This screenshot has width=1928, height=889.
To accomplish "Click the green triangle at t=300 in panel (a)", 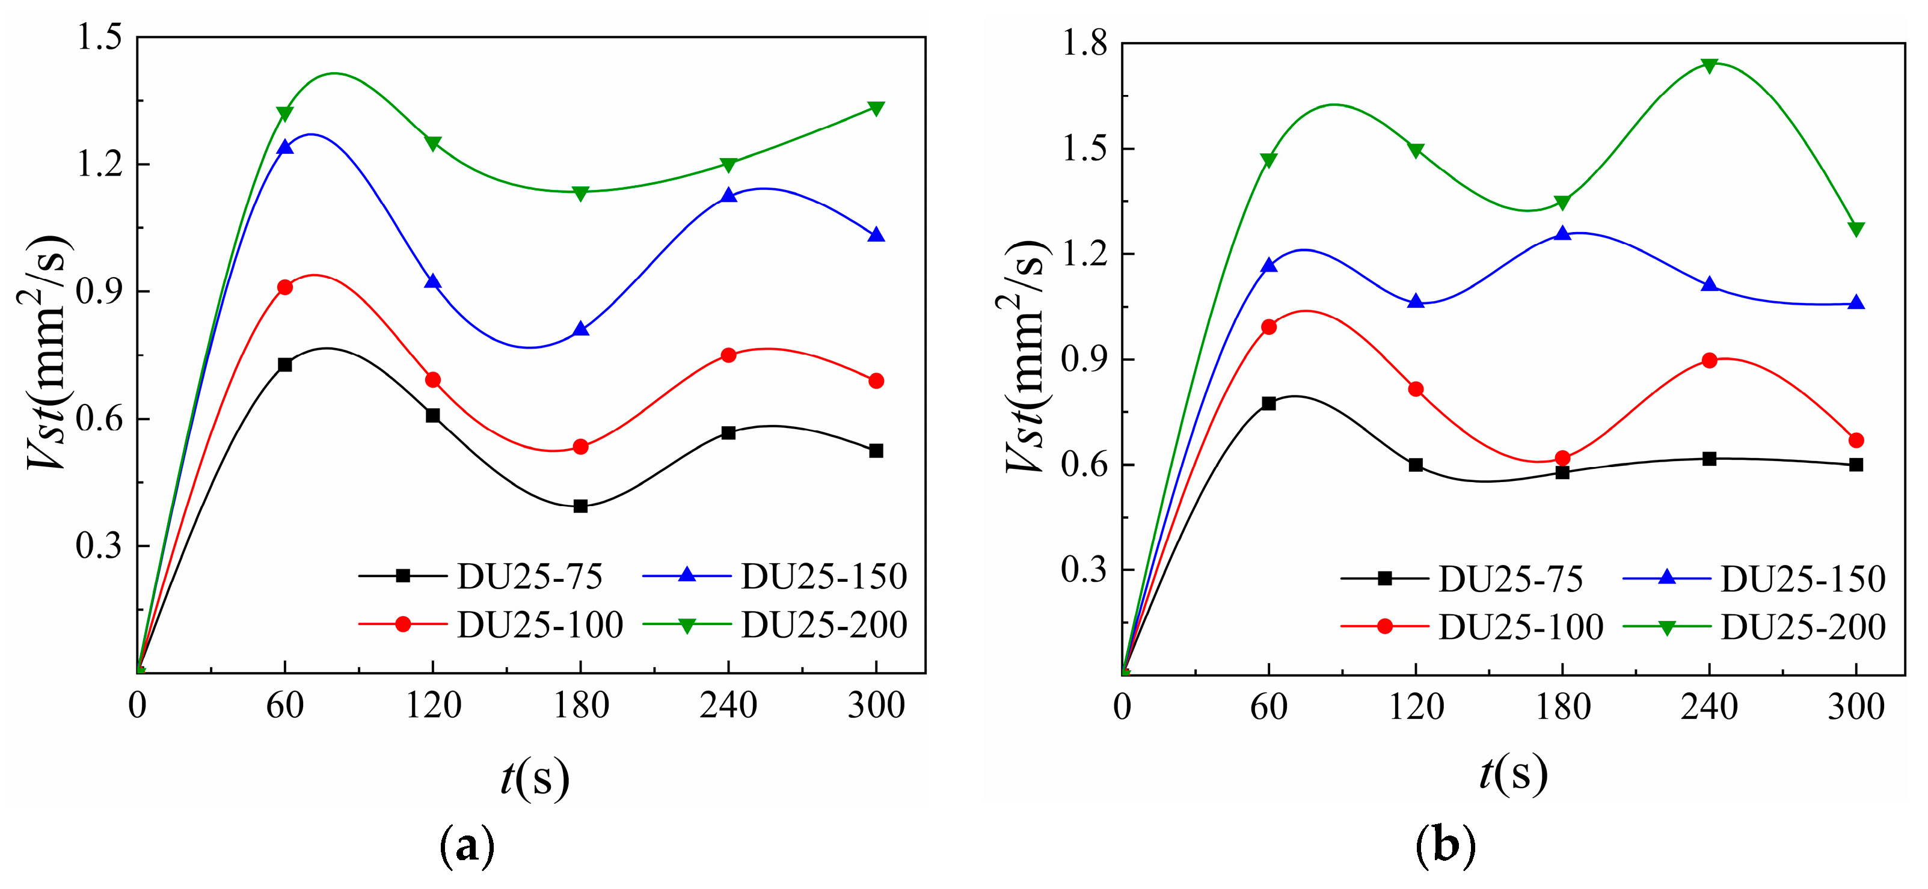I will pyautogui.click(x=876, y=109).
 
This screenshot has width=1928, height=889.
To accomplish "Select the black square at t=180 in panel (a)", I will pyautogui.click(x=580, y=506).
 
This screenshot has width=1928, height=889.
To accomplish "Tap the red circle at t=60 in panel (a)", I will pyautogui.click(x=284, y=287).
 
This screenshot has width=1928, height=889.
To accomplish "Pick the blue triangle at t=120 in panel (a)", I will pyautogui.click(x=432, y=282).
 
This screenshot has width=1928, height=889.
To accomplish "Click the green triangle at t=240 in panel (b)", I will pyautogui.click(x=1708, y=65).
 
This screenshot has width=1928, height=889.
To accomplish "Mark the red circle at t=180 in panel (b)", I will pyautogui.click(x=1562, y=458).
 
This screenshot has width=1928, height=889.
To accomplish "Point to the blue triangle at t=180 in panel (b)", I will pyautogui.click(x=1562, y=233).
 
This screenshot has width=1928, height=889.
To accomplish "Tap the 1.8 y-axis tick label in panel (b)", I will pyautogui.click(x=1084, y=44).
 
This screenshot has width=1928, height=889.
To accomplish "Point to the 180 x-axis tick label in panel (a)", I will pyautogui.click(x=581, y=705).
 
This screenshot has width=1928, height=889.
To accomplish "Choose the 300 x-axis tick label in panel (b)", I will pyautogui.click(x=1855, y=707).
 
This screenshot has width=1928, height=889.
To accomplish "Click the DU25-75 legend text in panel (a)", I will pyautogui.click(x=529, y=576).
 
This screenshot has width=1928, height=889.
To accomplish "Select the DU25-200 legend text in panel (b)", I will pyautogui.click(x=1802, y=627).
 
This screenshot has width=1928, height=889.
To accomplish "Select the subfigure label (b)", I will pyautogui.click(x=1445, y=846).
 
